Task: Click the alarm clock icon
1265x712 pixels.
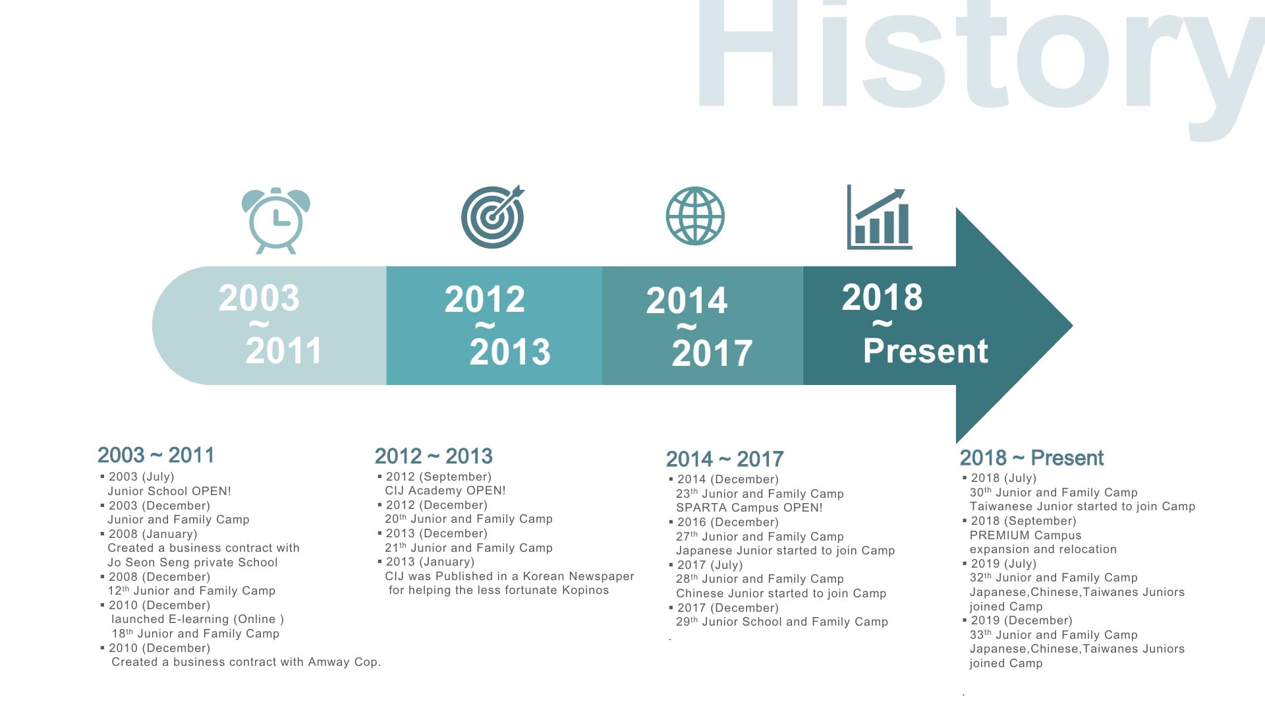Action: tap(276, 221)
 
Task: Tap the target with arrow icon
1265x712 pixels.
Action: tap(493, 216)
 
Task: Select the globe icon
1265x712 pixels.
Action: tap(695, 216)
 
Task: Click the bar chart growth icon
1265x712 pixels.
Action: tap(880, 217)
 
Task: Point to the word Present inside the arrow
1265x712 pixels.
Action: tap(926, 350)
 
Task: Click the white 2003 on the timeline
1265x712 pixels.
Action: tap(259, 298)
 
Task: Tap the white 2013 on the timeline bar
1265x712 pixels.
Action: tap(510, 351)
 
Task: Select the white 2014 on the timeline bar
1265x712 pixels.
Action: tap(687, 301)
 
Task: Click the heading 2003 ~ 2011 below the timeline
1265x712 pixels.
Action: tap(156, 455)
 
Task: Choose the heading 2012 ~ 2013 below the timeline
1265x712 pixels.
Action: tap(434, 456)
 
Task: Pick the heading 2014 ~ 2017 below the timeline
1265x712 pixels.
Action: tap(725, 459)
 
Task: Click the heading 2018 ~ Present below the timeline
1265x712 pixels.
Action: tap(1032, 458)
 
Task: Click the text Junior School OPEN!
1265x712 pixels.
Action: tap(169, 491)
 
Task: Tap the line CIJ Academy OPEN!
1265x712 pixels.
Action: tap(445, 490)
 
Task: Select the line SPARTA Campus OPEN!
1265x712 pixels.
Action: tap(749, 508)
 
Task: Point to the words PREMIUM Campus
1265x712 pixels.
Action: tap(1025, 535)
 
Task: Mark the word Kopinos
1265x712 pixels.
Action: tap(585, 590)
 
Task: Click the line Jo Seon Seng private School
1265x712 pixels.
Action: tap(192, 562)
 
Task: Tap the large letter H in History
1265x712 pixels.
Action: tap(741, 53)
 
